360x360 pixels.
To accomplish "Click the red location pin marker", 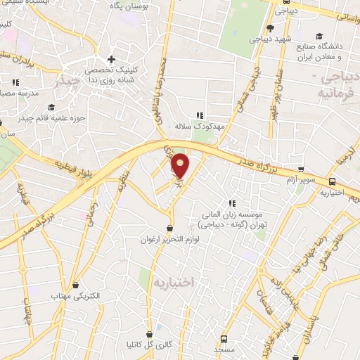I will tap(181, 165).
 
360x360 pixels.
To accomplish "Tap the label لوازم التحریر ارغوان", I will tap(170, 240).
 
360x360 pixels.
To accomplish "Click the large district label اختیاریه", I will tap(172, 281).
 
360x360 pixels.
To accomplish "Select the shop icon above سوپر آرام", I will tap(301, 169).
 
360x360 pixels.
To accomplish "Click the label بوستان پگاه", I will tap(129, 6).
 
